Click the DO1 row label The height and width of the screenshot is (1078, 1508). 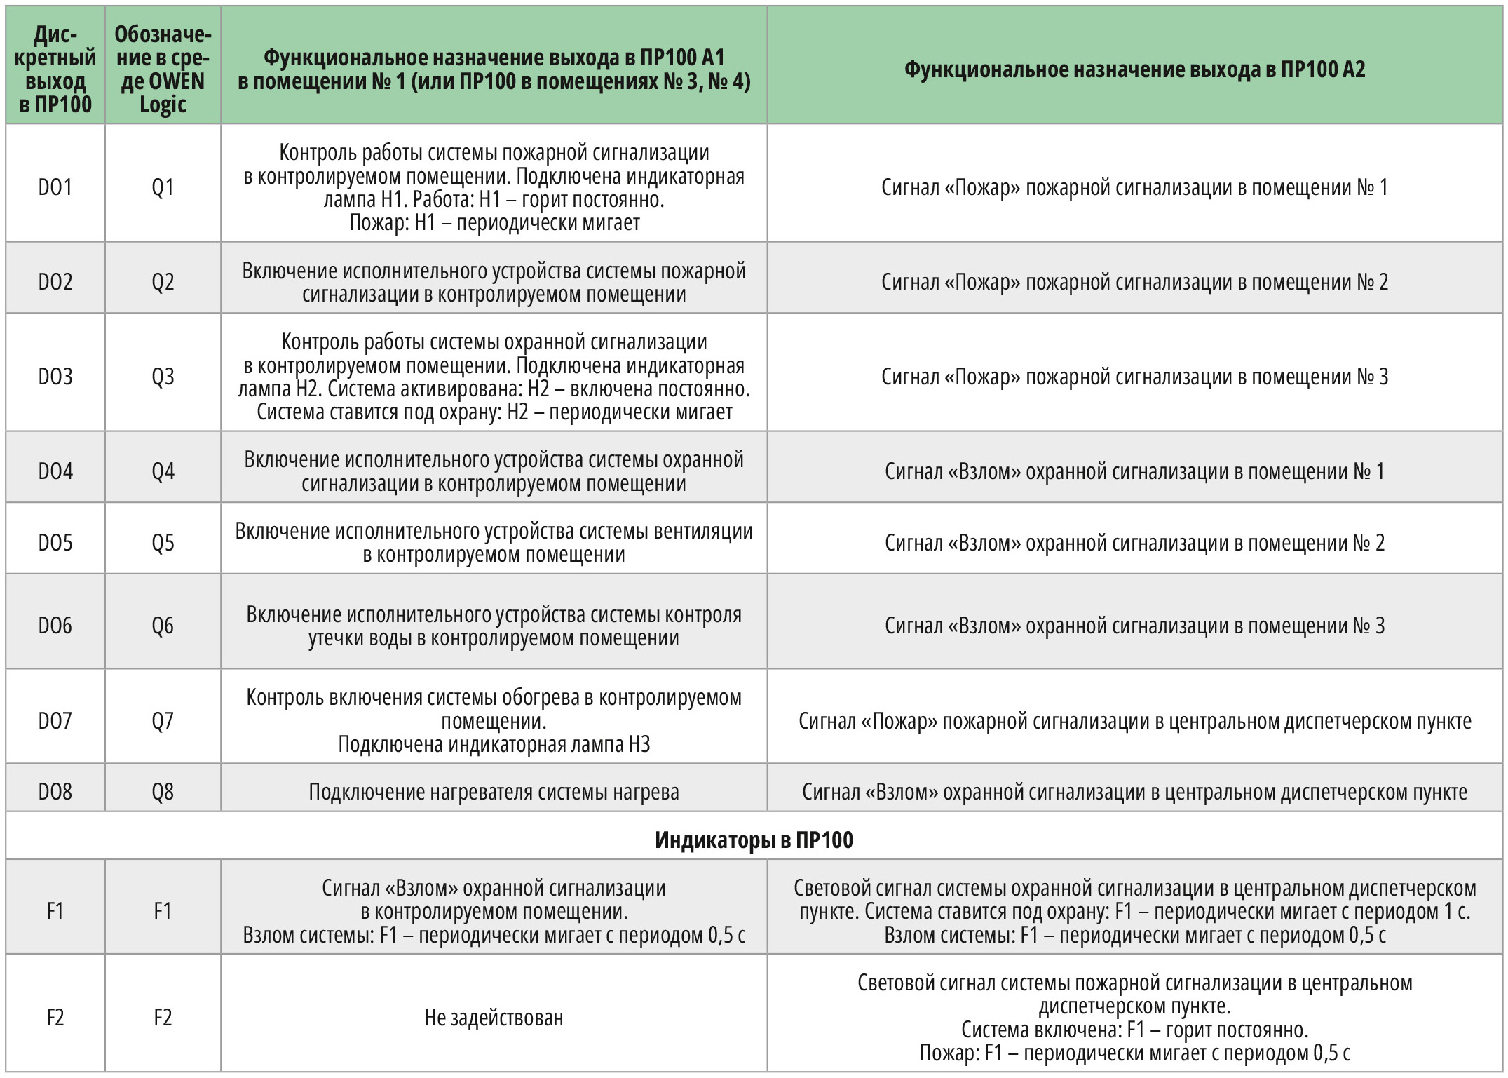pyautogui.click(x=55, y=187)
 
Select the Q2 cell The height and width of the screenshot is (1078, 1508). pyautogui.click(x=163, y=282)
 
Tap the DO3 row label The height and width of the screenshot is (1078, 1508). pyautogui.click(x=55, y=377)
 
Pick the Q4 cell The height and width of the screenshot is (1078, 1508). pyautogui.click(x=163, y=471)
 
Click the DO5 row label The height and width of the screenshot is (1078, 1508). pyautogui.click(x=55, y=543)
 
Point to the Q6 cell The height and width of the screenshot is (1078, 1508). pyautogui.click(x=163, y=626)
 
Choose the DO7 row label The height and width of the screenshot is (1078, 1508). pyautogui.click(x=55, y=721)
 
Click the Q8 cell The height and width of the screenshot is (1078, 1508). pyautogui.click(x=163, y=792)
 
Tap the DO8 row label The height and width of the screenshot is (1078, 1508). pyautogui.click(x=55, y=792)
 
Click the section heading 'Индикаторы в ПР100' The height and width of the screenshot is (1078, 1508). pyautogui.click(x=754, y=840)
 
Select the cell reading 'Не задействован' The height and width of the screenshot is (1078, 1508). pyautogui.click(x=494, y=1018)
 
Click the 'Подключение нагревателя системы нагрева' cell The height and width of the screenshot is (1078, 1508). pyautogui.click(x=494, y=792)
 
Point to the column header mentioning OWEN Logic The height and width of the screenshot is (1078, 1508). pyautogui.click(x=163, y=69)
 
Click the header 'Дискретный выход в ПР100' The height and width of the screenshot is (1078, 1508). pyautogui.click(x=55, y=69)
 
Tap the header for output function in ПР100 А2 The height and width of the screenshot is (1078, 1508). pyautogui.click(x=1134, y=69)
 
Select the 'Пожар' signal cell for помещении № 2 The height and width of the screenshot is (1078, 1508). pyautogui.click(x=1134, y=282)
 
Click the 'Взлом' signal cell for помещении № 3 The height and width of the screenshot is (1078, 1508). pyautogui.click(x=1134, y=626)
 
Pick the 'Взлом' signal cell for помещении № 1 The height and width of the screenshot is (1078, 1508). pyautogui.click(x=1134, y=471)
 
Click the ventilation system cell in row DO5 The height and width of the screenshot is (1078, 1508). pyautogui.click(x=494, y=543)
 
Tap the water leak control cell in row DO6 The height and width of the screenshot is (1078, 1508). pyautogui.click(x=494, y=626)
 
